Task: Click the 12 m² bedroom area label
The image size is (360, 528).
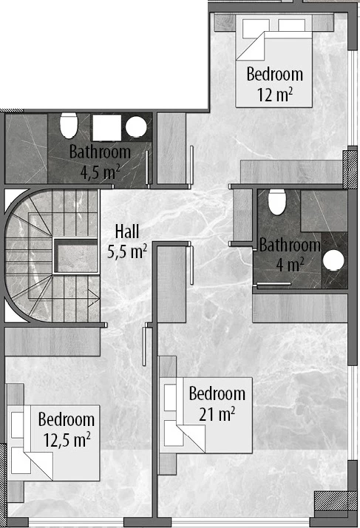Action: (x=274, y=84)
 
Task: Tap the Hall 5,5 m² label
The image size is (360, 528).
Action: (x=127, y=241)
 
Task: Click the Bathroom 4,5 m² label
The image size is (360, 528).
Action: (x=100, y=162)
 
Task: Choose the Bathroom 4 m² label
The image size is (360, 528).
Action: (x=290, y=254)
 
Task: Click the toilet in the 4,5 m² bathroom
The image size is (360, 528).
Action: (x=69, y=125)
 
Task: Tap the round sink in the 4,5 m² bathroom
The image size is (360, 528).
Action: (x=136, y=127)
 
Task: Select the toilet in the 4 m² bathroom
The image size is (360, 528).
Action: (x=276, y=202)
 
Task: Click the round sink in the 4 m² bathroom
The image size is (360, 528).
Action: (x=333, y=260)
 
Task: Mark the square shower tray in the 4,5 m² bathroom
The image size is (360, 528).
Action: (x=106, y=128)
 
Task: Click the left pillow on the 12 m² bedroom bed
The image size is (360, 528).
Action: (x=256, y=28)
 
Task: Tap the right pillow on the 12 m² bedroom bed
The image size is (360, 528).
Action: (x=292, y=26)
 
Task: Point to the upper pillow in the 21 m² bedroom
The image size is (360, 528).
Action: (x=170, y=398)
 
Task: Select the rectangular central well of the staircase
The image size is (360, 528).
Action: (x=76, y=256)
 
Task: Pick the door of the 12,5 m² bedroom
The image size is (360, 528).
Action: (x=144, y=346)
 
